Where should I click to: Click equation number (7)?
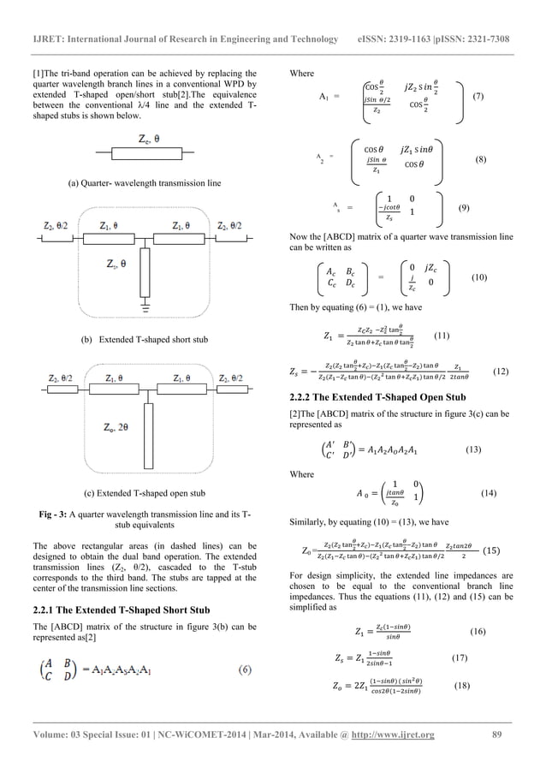click(x=478, y=98)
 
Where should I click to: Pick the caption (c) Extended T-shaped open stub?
click(x=144, y=493)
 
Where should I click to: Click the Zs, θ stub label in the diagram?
click(x=119, y=265)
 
